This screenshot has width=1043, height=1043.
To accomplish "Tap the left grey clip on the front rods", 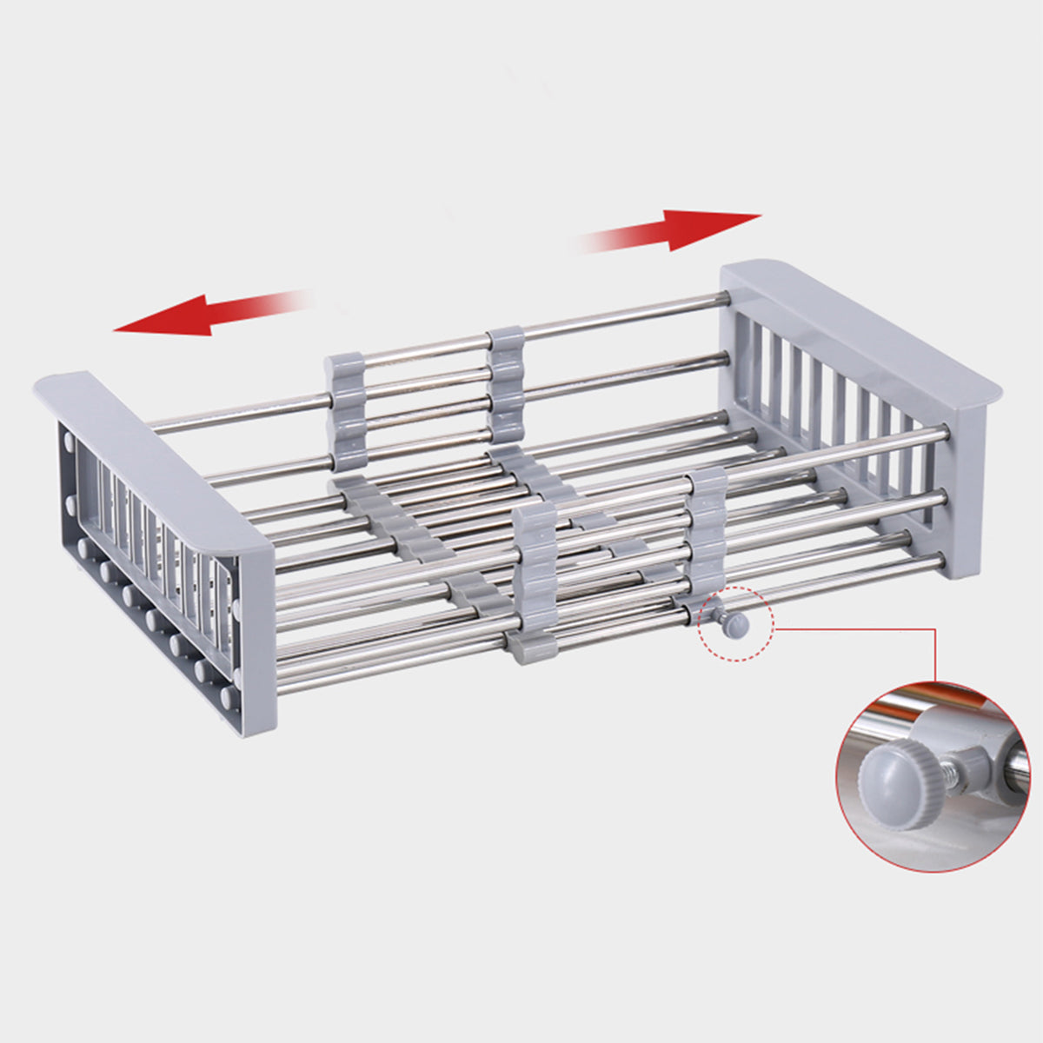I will pyautogui.click(x=532, y=582).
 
